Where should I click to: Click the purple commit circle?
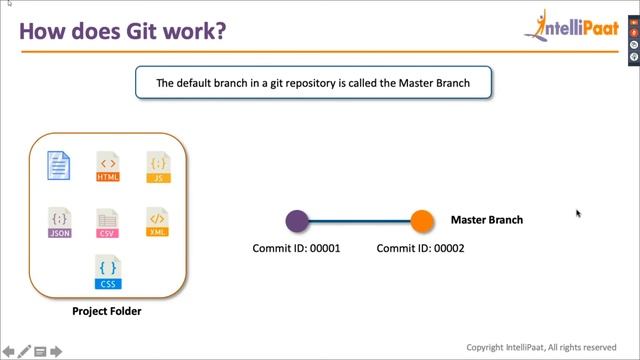[x=297, y=221]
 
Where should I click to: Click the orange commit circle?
[x=422, y=221]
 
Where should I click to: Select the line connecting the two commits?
[x=360, y=221]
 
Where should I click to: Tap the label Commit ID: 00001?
[x=296, y=248]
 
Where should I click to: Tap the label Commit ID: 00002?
[x=420, y=248]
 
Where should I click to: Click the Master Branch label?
[x=487, y=220]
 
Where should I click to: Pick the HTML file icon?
[x=108, y=167]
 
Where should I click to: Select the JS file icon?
[x=158, y=167]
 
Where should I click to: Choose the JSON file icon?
[x=59, y=222]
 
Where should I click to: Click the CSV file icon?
[x=108, y=222]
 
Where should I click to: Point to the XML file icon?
[x=158, y=222]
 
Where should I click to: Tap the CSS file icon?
[x=108, y=272]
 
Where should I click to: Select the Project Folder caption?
[x=107, y=311]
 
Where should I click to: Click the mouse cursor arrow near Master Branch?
[x=578, y=212]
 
